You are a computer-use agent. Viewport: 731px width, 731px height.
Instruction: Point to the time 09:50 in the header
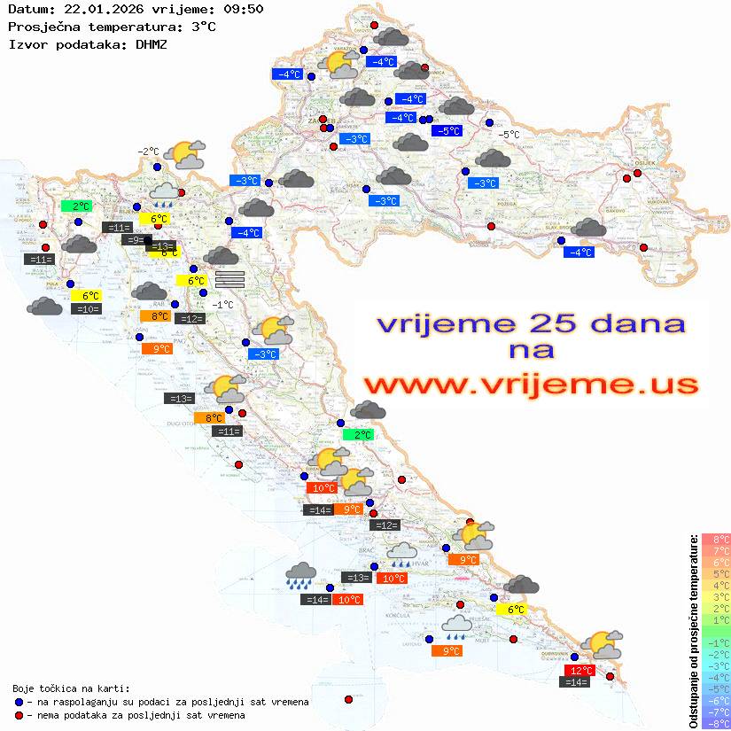point(243,9)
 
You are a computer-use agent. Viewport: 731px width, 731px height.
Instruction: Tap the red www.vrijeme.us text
point(531,384)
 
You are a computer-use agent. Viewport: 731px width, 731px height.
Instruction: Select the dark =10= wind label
point(86,309)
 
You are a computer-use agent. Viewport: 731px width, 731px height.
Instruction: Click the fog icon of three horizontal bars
point(229,279)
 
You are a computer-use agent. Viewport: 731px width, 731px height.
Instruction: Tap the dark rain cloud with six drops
point(302,576)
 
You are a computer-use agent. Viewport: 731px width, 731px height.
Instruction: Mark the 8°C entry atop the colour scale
point(716,540)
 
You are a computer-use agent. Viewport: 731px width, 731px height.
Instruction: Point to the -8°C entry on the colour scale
point(716,723)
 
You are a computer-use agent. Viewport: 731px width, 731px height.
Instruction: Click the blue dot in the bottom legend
point(19,702)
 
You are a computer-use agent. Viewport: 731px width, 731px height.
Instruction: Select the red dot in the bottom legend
point(19,715)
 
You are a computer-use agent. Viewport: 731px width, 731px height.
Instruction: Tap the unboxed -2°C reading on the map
point(147,152)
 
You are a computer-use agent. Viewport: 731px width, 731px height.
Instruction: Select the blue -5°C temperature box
point(447,131)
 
